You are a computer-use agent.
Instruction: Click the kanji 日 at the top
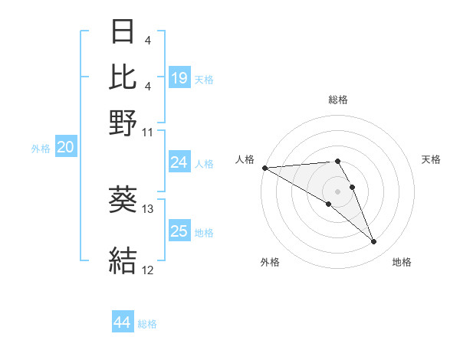click(x=123, y=32)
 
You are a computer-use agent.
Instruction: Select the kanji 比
click(x=123, y=77)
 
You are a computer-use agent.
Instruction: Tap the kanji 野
click(x=123, y=123)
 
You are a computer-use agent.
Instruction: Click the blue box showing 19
click(x=179, y=77)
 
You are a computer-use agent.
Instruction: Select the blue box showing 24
click(x=179, y=162)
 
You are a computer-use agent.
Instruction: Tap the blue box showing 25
click(x=179, y=231)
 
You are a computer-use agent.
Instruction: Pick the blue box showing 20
click(x=65, y=148)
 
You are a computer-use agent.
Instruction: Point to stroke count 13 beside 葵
click(x=148, y=208)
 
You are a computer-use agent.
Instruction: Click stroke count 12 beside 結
click(x=148, y=270)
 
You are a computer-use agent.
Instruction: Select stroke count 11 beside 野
click(x=148, y=132)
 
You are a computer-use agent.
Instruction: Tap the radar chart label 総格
click(x=338, y=100)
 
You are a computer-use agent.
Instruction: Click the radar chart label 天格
click(x=431, y=159)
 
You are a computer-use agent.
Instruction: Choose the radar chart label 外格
click(x=270, y=262)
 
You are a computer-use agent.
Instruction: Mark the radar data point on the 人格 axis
click(x=264, y=168)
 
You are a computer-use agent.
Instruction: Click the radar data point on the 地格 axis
click(x=374, y=242)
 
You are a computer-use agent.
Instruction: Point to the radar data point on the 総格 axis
click(x=337, y=161)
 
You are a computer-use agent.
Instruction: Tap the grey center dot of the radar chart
click(x=337, y=191)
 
